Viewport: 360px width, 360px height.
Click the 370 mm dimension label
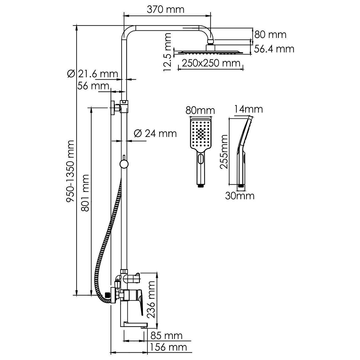coord(165,10)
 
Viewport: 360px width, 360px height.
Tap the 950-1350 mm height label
coord(70,171)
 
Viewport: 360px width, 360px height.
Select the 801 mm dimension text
coord(85,193)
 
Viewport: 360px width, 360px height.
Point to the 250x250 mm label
coord(211,63)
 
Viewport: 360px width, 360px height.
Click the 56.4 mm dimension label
coord(274,49)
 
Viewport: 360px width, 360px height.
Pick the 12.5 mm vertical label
coord(167,52)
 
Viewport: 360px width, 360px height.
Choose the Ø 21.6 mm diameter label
coord(93,74)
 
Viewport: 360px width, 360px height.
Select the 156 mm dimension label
coord(168,347)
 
